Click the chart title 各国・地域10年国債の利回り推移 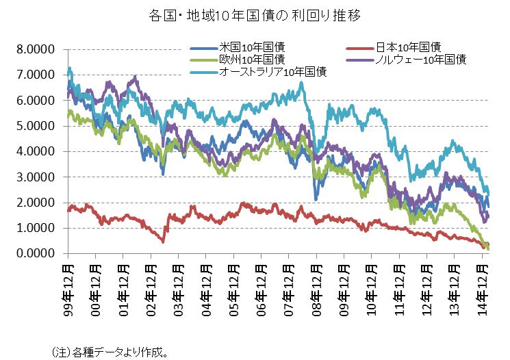point(255,14)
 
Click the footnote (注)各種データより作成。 point(110,352)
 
